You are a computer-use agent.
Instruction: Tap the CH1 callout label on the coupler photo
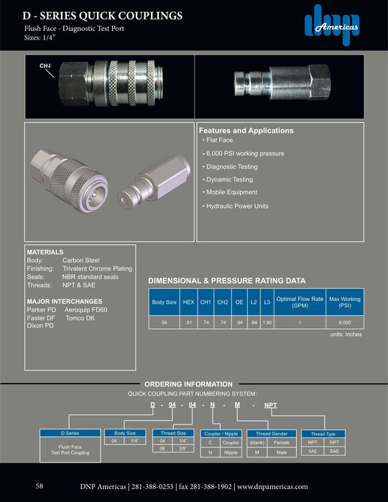click(x=45, y=66)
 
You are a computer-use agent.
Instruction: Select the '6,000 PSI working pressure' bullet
click(x=244, y=154)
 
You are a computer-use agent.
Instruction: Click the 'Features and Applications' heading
click(x=246, y=131)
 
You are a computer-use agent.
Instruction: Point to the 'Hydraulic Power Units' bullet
click(x=238, y=206)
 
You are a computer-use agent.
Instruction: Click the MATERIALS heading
click(x=45, y=253)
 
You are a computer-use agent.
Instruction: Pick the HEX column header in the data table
click(x=189, y=302)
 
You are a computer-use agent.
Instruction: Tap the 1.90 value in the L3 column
click(x=267, y=323)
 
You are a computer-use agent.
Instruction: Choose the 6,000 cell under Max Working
click(x=345, y=323)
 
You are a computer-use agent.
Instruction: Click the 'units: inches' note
click(x=346, y=335)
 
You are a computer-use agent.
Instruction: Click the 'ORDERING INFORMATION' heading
click(x=188, y=384)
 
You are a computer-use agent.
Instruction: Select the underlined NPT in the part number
click(x=271, y=406)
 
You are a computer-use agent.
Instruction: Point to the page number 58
click(x=40, y=486)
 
